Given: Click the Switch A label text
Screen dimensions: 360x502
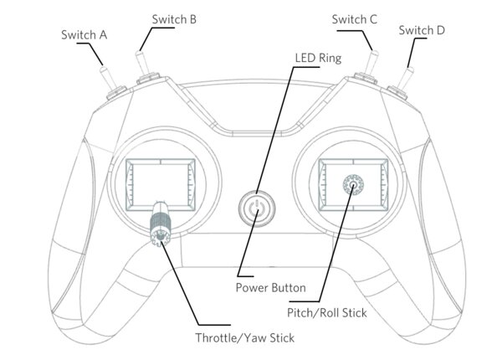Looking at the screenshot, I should pos(85,35).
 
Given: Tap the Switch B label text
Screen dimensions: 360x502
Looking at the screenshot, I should pos(174,18).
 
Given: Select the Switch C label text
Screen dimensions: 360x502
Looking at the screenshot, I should pos(354,18).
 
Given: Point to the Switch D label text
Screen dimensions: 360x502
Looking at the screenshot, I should pos(422,31).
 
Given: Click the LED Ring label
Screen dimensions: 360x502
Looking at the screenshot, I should pos(318,59).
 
